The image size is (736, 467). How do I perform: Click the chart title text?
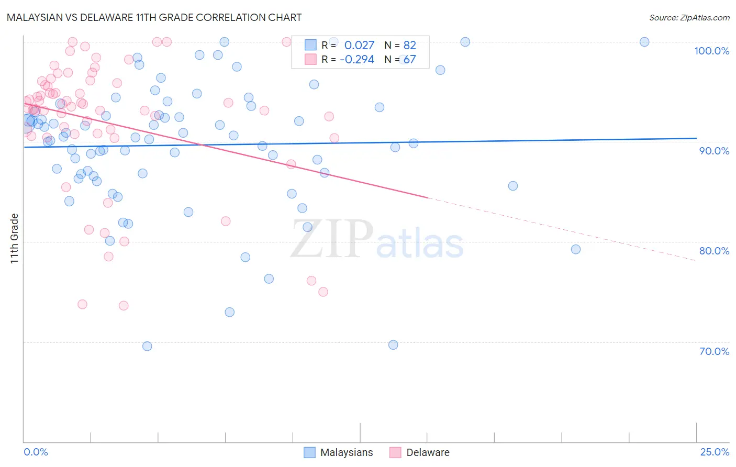pyautogui.click(x=154, y=17)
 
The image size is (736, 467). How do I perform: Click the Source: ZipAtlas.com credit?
pyautogui.click(x=689, y=18)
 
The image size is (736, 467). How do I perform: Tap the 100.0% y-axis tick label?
pyautogui.click(x=711, y=51)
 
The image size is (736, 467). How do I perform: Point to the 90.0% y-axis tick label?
pyautogui.click(x=714, y=151)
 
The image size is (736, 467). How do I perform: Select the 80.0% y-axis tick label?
pyautogui.click(x=714, y=251)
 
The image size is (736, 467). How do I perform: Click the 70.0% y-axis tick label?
pyautogui.click(x=714, y=351)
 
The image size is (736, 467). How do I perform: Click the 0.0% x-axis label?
pyautogui.click(x=36, y=452)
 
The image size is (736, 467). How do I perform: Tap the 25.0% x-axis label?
pyautogui.click(x=715, y=452)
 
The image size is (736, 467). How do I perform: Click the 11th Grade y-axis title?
pyautogui.click(x=15, y=238)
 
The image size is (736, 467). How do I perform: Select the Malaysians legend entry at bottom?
pyautogui.click(x=339, y=452)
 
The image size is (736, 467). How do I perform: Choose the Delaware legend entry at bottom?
pyautogui.click(x=420, y=452)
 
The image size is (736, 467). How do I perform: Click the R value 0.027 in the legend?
pyautogui.click(x=359, y=46)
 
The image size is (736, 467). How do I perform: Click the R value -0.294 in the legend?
pyautogui.click(x=357, y=59)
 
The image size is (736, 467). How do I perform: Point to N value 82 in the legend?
pyautogui.click(x=409, y=46)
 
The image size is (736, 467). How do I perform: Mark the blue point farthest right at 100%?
pyautogui.click(x=644, y=42)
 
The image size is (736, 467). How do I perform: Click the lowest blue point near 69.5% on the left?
pyautogui.click(x=147, y=346)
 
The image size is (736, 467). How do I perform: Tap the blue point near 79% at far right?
pyautogui.click(x=576, y=249)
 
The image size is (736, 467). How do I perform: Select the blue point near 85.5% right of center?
pyautogui.click(x=513, y=186)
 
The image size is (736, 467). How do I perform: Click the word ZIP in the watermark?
pyautogui.click(x=332, y=240)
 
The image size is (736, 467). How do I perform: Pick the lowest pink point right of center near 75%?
pyautogui.click(x=323, y=292)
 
